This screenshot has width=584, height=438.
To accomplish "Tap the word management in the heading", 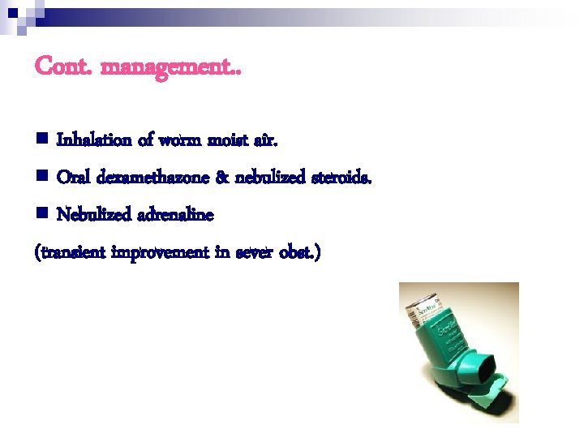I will pos(167,67).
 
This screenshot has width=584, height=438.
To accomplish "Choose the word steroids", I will pos(341,178).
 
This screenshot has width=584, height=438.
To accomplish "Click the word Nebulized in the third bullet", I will pos(90,215).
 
